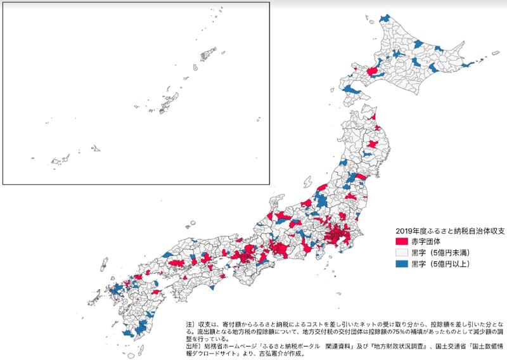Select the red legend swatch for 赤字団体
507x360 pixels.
[x=401, y=241]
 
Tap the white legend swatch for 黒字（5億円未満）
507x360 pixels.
[x=401, y=252]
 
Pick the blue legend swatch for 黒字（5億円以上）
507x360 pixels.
[x=401, y=262]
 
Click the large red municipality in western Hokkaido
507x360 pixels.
[x=374, y=74]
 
